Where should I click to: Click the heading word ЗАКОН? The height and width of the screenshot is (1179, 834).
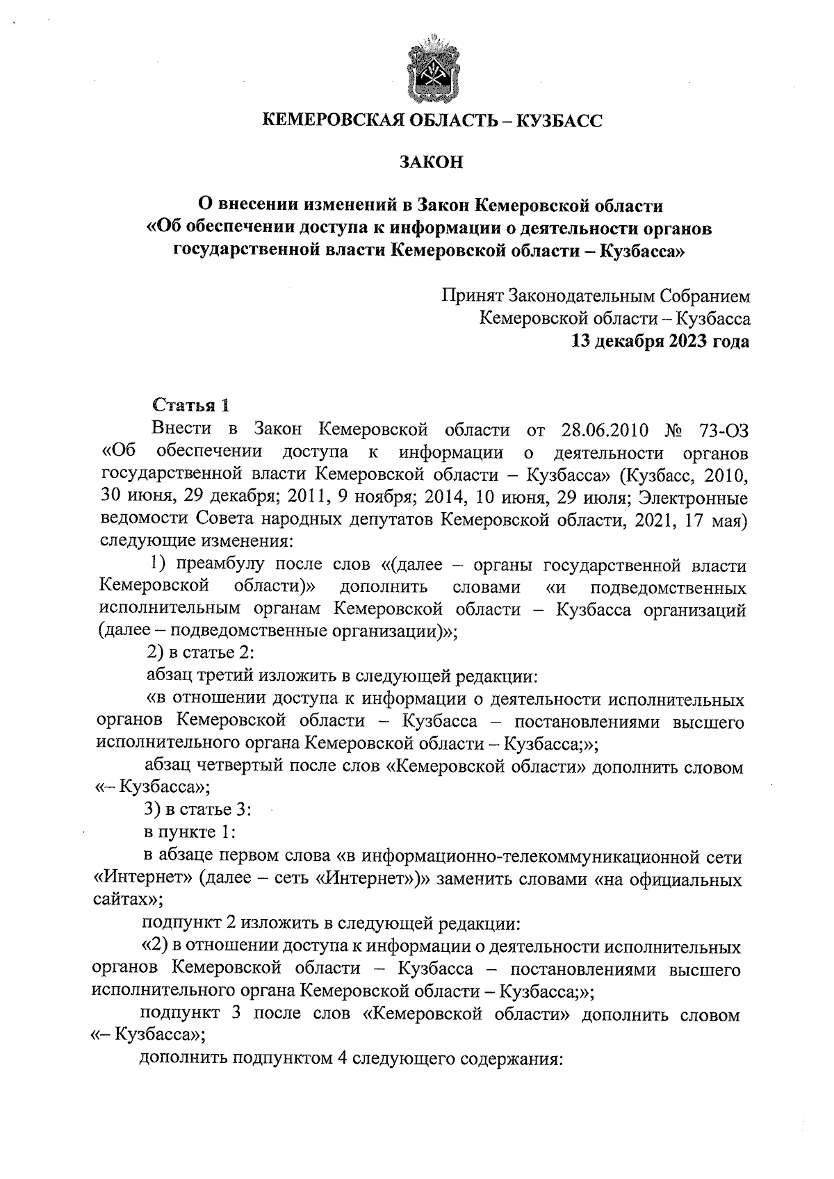click(431, 163)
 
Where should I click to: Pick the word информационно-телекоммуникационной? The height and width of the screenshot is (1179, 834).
click(514, 855)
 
